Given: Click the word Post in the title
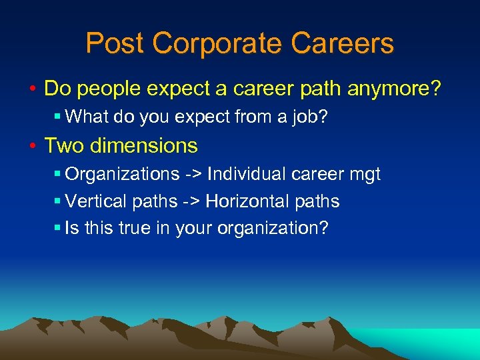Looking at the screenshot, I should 115,43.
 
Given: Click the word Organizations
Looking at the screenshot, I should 122,175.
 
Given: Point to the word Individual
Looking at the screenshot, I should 246,175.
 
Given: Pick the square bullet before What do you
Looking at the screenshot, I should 57,117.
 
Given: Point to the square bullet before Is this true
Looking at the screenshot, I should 57,229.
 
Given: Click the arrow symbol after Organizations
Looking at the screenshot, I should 193,175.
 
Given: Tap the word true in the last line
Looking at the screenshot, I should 133,228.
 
